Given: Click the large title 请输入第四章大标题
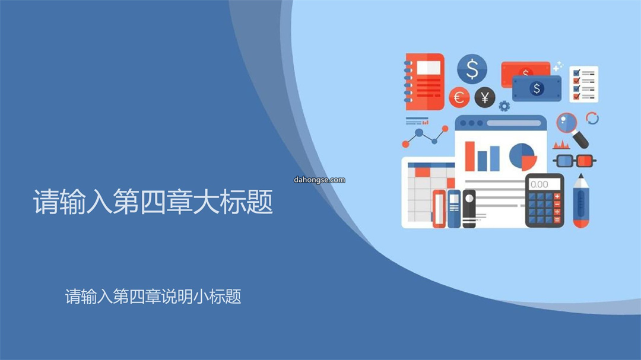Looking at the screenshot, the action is (x=153, y=202).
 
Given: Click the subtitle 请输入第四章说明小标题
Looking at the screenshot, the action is (x=153, y=297).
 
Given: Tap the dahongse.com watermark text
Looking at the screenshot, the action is (x=319, y=180).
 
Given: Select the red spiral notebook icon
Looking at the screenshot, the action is (x=424, y=82).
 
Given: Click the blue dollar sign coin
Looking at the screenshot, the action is (x=472, y=69).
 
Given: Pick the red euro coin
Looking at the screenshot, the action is (x=459, y=98).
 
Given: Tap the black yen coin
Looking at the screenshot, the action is (x=485, y=98).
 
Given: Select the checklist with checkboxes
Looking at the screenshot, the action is (x=584, y=84).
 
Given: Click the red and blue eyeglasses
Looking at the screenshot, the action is (x=575, y=161).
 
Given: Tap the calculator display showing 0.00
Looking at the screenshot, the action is (x=544, y=184).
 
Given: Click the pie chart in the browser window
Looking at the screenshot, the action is (x=523, y=157).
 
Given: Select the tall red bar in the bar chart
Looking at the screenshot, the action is (x=470, y=156).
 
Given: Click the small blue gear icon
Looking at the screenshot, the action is (x=504, y=106).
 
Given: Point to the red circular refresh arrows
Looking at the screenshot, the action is (x=592, y=118).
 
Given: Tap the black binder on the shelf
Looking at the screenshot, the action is (x=469, y=208).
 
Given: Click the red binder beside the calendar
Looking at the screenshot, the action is (x=439, y=208).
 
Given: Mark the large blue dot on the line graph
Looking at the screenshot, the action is (x=419, y=132).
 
